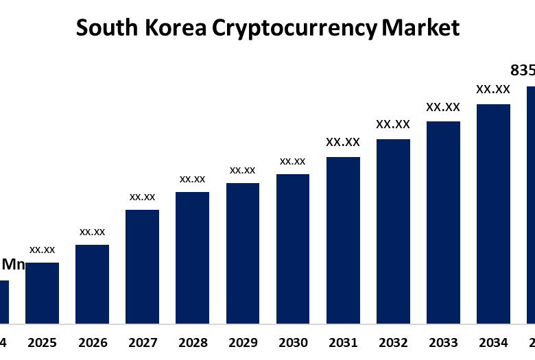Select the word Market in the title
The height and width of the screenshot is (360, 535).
coord(420,28)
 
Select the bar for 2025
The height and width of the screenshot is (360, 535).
coord(42,293)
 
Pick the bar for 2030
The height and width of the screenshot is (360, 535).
coord(293,248)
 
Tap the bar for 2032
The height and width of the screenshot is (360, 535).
coord(393,231)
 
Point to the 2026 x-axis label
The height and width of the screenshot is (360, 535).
coord(93,342)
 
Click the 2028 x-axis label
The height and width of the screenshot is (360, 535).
coord(193,342)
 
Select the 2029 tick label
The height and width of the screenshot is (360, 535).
coord(243,342)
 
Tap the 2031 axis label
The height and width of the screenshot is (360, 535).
coord(343,342)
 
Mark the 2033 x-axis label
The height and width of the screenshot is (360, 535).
coord(443,342)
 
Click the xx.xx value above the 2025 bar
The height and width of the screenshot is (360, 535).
coord(42,250)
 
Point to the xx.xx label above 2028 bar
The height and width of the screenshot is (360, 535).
coord(193,179)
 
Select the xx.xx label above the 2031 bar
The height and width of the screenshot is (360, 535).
coord(343,143)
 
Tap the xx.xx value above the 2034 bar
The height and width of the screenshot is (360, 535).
coord(493,89)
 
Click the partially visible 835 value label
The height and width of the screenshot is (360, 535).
coord(523,71)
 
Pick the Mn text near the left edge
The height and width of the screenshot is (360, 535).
coord(14,264)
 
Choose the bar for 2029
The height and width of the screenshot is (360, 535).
coord(243,253)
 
